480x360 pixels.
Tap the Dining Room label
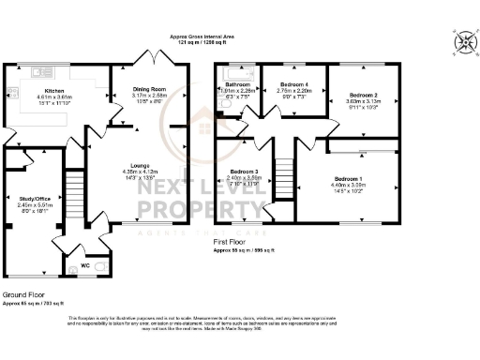click(x=150, y=88)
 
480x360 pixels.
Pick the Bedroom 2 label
click(x=363, y=96)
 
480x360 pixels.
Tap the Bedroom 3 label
click(x=244, y=172)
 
